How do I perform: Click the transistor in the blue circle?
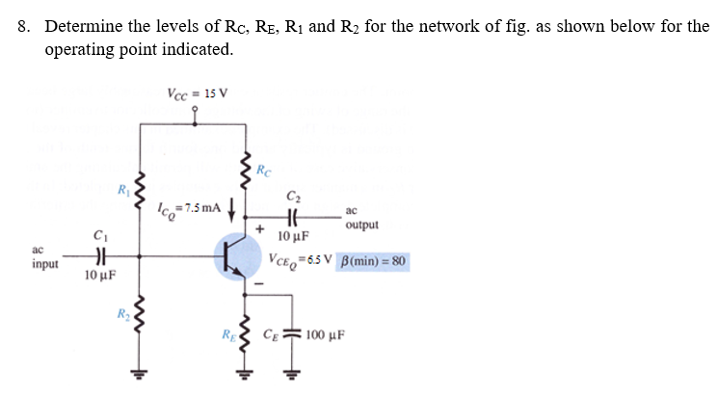[x=234, y=256]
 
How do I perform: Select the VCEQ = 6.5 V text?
[x=301, y=261]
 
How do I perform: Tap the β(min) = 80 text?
[x=374, y=261]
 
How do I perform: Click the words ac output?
[x=360, y=218]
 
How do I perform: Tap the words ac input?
[x=43, y=256]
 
